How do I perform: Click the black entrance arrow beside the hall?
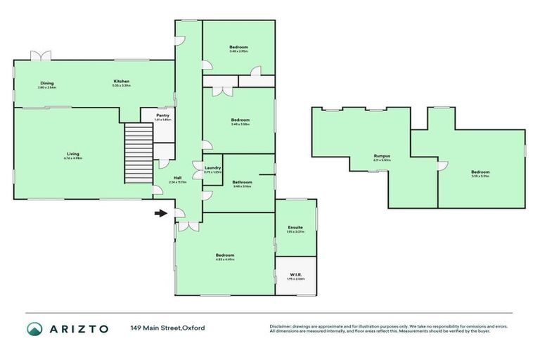(x=161, y=213)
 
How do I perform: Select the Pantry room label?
(x=162, y=116)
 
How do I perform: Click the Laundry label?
(x=213, y=168)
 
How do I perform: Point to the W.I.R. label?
(x=295, y=275)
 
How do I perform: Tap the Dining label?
(x=47, y=82)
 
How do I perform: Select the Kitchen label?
(x=122, y=82)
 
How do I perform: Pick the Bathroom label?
(x=243, y=182)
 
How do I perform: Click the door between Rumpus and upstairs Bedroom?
(x=441, y=165)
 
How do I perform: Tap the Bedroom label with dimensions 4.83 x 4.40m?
(x=225, y=255)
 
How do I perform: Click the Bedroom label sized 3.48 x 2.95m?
(x=238, y=48)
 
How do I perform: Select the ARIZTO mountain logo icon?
(x=34, y=328)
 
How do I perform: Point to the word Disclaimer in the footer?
(x=281, y=326)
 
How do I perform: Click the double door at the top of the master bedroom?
(x=187, y=226)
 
